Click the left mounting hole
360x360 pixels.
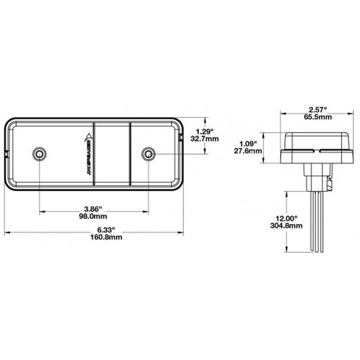[39, 154]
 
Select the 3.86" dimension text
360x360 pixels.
[94, 209]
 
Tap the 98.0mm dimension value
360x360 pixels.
[94, 216]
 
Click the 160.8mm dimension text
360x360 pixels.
[94, 237]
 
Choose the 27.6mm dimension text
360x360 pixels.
[249, 151]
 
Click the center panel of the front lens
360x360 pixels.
[112, 154]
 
